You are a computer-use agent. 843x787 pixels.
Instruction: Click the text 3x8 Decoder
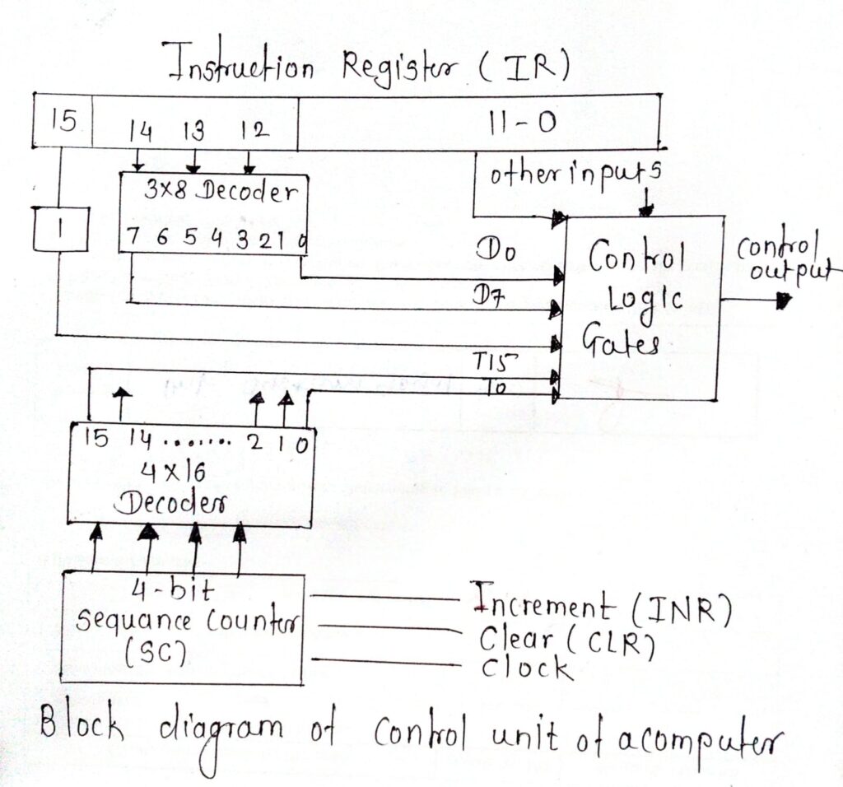coord(219,192)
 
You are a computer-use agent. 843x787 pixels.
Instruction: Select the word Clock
coord(527,668)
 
